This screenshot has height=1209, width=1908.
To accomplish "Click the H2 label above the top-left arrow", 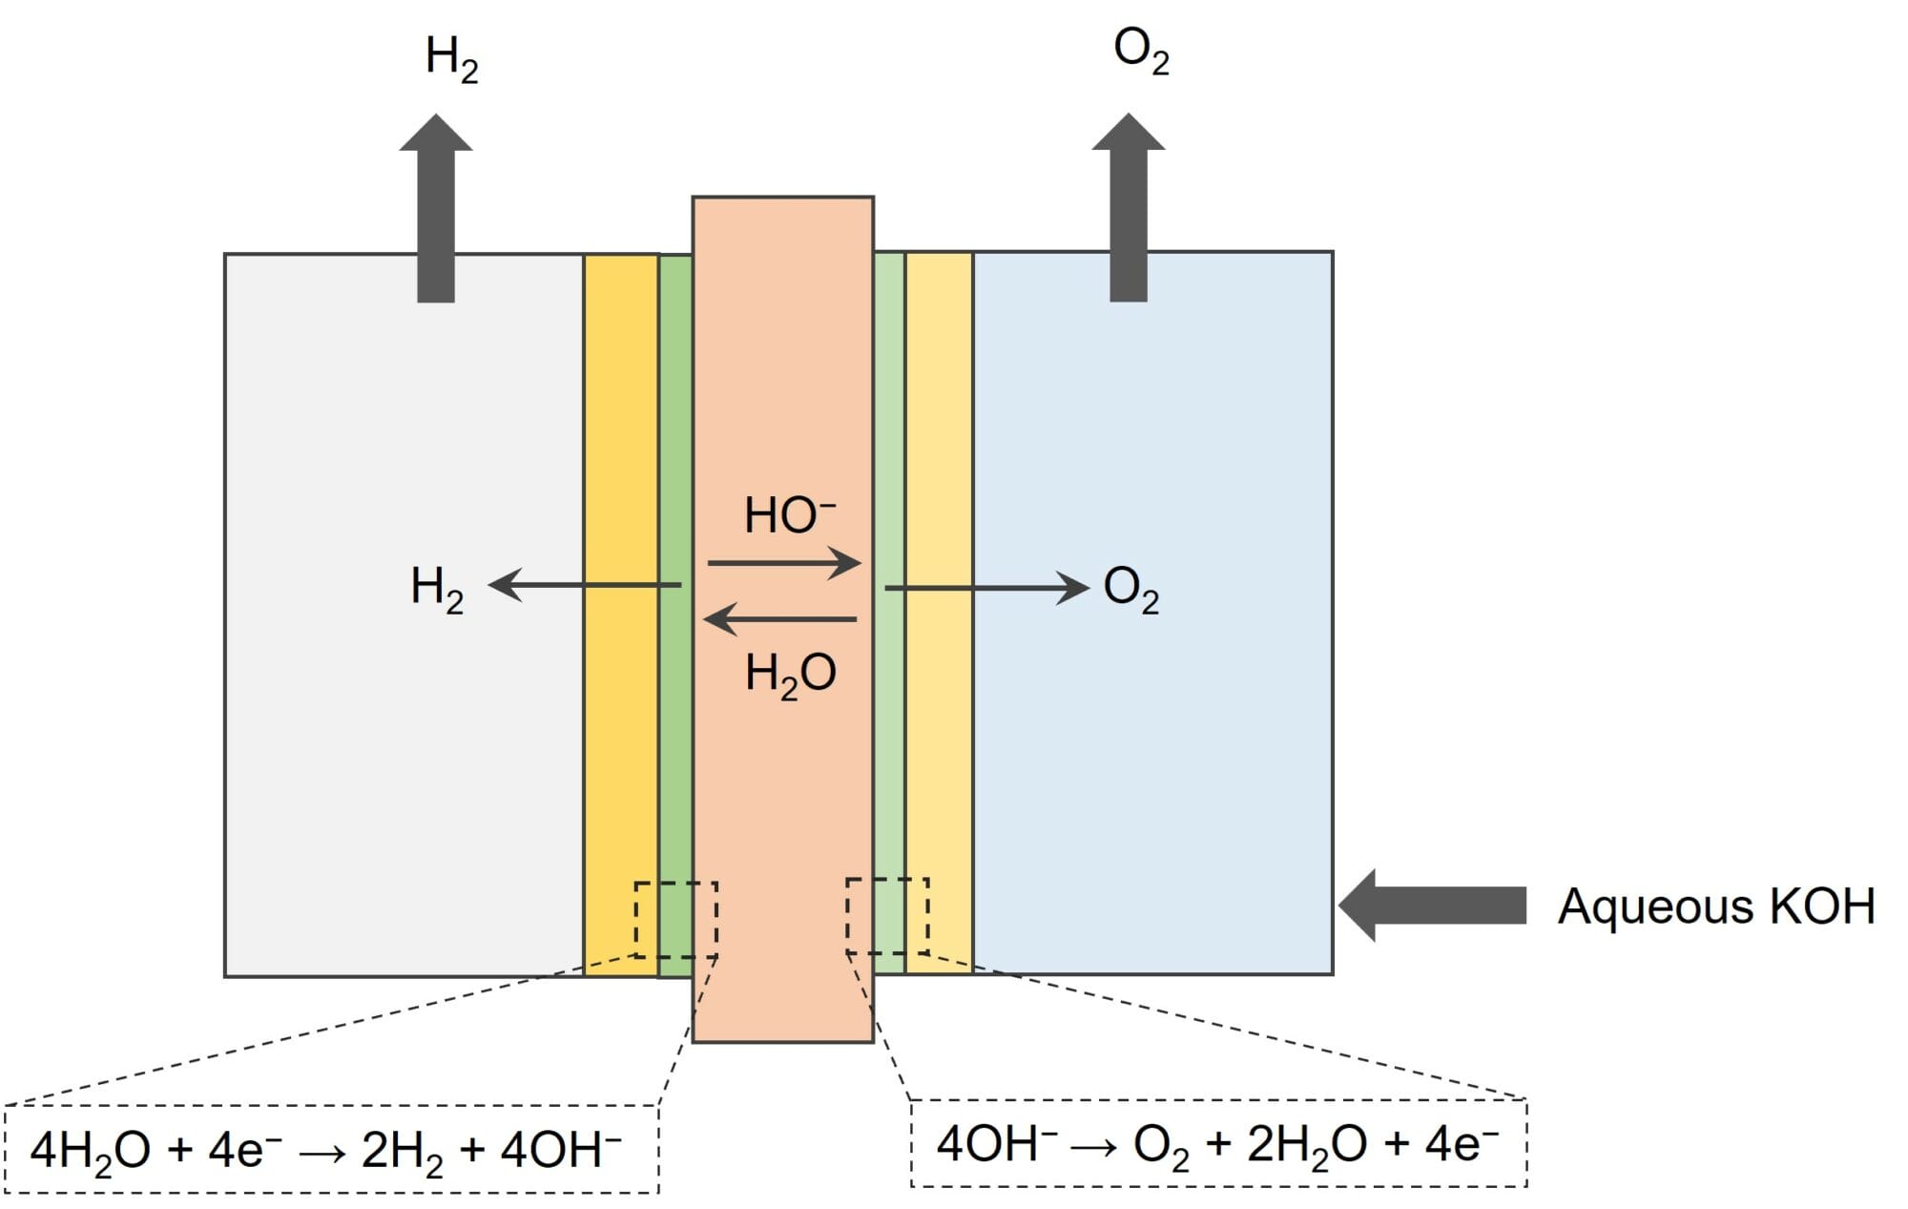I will click(451, 58).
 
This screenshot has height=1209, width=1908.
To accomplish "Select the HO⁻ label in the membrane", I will click(789, 515).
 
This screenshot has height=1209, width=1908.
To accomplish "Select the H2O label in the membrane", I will click(790, 674).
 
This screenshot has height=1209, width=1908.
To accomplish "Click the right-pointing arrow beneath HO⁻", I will click(784, 563).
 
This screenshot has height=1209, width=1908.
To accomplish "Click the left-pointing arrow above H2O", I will click(780, 619).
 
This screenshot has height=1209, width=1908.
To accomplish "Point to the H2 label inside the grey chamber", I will click(437, 588).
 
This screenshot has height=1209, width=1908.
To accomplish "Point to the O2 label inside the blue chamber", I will click(1130, 589).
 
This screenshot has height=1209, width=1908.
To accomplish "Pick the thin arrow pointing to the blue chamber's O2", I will click(987, 588).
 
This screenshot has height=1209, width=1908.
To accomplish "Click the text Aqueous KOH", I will click(1716, 906).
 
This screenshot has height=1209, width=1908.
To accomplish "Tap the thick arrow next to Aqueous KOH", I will click(1432, 906).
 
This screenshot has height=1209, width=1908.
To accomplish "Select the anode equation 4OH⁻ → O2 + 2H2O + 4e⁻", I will click(1217, 1143).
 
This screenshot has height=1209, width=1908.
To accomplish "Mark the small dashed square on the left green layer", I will click(676, 920).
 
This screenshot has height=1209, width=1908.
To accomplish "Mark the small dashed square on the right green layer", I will click(887, 916).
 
